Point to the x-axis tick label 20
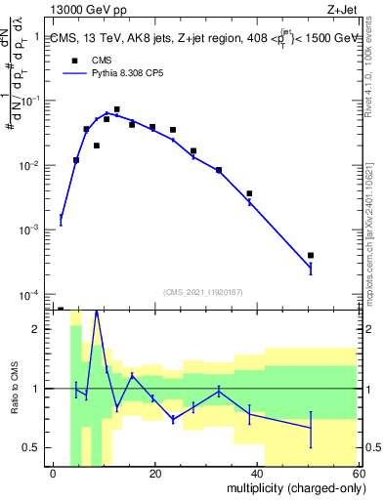[x=154, y=474]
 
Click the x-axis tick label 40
[x=255, y=474]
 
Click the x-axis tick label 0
[x=54, y=474]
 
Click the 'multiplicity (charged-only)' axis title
[x=289, y=489]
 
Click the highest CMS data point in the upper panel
[x=116, y=109]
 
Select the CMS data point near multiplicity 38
[x=249, y=193]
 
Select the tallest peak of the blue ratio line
[x=96, y=312]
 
